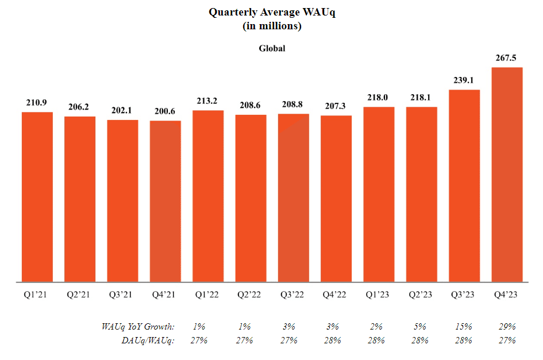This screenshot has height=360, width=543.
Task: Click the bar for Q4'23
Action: pos(507,175)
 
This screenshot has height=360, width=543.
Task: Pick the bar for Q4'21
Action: pos(165,201)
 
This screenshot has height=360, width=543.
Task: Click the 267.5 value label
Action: pos(507,57)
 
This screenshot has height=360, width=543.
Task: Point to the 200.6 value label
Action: pos(165,111)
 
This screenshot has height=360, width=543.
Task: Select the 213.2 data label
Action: pos(208,100)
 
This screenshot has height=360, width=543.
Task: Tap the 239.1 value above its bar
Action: pos(464,80)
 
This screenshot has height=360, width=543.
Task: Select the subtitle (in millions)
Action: pos(272,26)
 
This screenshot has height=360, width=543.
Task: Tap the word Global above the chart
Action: pos(272,48)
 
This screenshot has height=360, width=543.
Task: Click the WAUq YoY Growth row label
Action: pos(138,326)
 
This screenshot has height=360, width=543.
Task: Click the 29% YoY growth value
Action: pos(507,326)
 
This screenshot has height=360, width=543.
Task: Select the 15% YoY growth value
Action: pos(464,326)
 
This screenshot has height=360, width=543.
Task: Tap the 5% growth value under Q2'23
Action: pos(421,326)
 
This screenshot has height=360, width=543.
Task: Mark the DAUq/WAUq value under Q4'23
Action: pos(507,340)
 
